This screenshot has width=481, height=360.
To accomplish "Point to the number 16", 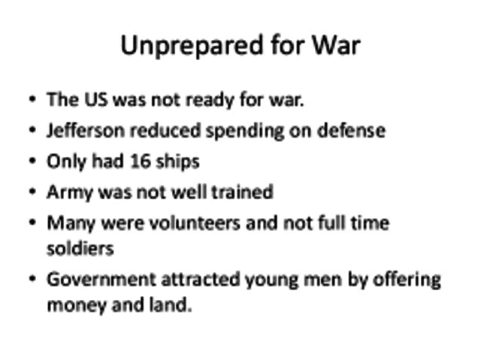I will pyautogui.click(x=141, y=161).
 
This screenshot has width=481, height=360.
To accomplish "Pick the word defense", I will pyautogui.click(x=350, y=130).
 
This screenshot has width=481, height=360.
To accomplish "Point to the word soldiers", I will pyautogui.click(x=80, y=247).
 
